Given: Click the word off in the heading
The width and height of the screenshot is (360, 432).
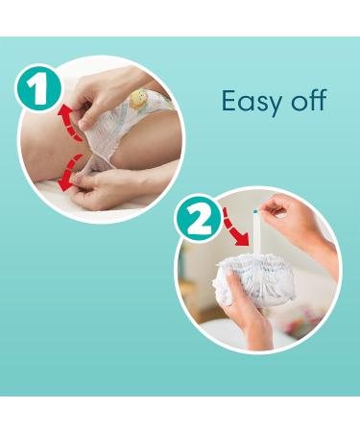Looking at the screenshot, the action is pos(309,100).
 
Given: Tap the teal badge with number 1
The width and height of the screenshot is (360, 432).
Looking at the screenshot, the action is pos(38,88).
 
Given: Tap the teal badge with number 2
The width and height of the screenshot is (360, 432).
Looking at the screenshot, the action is pos(199,219).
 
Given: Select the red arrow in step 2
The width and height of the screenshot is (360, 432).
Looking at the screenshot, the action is pos(235,227).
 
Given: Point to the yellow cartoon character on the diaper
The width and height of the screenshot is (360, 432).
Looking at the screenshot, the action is pos(138,98).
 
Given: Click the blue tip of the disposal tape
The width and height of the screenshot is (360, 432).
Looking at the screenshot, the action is pos(255,211).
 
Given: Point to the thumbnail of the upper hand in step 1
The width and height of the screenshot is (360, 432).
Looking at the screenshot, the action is pos(84,125).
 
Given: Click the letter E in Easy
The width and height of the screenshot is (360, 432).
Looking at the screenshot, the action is pos(230,101).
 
